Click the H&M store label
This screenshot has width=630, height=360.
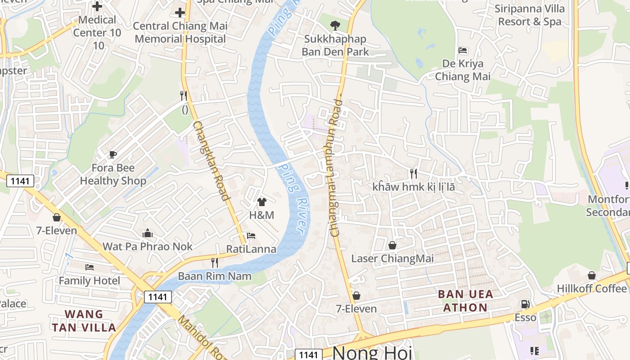click(x=261, y=215)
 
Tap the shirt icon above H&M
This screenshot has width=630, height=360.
click(x=261, y=202)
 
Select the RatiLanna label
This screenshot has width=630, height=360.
click(x=251, y=249)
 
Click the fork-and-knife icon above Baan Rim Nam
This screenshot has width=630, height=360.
click(x=215, y=262)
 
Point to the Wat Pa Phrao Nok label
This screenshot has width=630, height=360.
click(x=148, y=247)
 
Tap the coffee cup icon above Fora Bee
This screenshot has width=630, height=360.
click(x=113, y=155)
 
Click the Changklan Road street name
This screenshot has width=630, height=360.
click(x=211, y=160)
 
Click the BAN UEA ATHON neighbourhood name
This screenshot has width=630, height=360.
click(x=465, y=301)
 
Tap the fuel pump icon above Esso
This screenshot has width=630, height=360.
click(x=525, y=305)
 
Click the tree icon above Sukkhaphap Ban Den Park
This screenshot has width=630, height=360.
click(x=335, y=26)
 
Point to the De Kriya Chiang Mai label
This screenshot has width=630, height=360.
click(x=463, y=70)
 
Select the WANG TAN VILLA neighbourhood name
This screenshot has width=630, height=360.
click(x=84, y=320)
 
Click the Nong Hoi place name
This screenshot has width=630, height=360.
click(x=372, y=353)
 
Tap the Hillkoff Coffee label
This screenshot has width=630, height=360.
click(x=592, y=288)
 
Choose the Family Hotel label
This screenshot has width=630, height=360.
click(x=90, y=281)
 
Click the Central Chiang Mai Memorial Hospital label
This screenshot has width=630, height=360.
click(x=180, y=32)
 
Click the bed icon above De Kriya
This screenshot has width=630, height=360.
click(x=463, y=50)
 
